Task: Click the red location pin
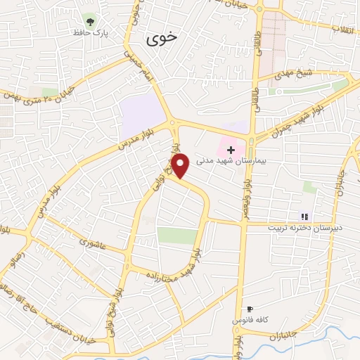click(x=181, y=165)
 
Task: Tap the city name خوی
click(x=162, y=40)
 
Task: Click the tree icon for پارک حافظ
click(x=89, y=18)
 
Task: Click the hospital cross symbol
click(x=231, y=150)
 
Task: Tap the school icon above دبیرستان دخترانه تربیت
click(x=304, y=217)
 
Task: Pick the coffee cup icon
click(x=249, y=309)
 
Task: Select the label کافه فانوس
click(x=249, y=320)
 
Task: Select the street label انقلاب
click(x=345, y=30)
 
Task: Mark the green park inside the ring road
click(x=177, y=236)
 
